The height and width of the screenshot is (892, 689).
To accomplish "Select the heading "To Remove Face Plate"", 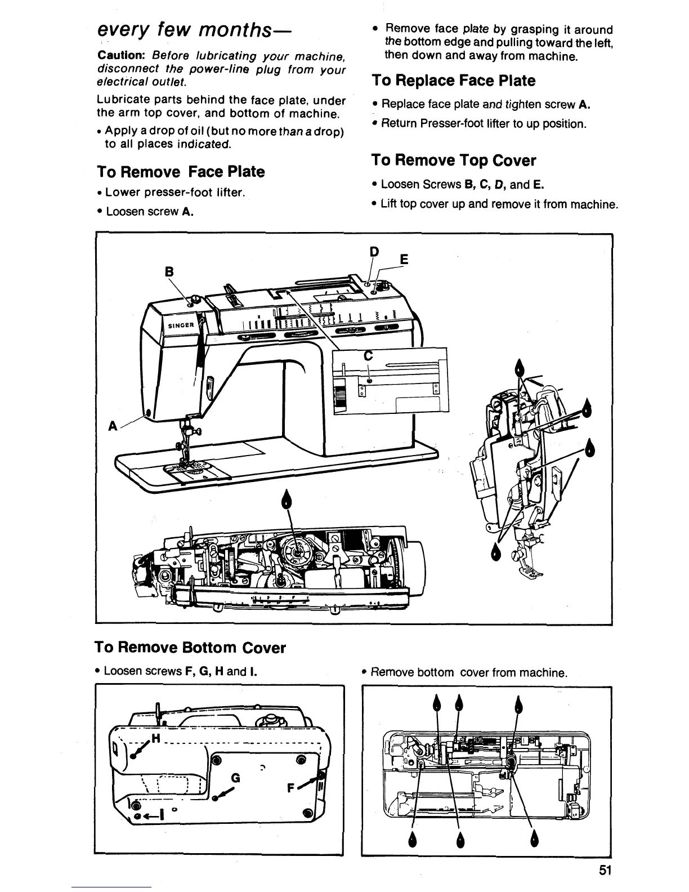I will (x=181, y=171).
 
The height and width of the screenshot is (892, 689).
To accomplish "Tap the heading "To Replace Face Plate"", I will (x=453, y=81).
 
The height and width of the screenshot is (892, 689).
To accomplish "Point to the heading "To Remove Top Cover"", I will (x=453, y=160).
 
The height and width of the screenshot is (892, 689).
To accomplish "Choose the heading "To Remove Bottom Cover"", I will (x=191, y=648).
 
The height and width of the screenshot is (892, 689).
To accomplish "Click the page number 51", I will (x=605, y=870).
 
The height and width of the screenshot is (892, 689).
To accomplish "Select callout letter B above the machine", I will (x=168, y=271).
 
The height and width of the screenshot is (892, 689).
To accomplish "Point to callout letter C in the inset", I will (x=369, y=355).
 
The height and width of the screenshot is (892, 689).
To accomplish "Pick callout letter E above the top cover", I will (x=402, y=260).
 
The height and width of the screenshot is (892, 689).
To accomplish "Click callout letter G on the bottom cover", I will (x=236, y=778).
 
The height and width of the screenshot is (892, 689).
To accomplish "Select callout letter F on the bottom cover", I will (x=292, y=789).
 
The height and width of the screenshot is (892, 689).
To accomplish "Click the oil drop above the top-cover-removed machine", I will (x=288, y=499).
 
